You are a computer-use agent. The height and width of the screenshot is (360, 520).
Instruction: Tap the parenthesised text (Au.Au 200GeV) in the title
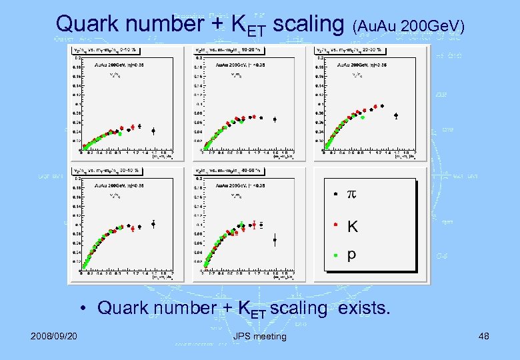point(411,27)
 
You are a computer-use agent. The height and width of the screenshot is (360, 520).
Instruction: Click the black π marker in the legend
point(335,194)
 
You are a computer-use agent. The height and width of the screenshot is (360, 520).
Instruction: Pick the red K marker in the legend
point(336,224)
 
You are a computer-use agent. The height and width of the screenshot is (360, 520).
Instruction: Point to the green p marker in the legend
point(336,255)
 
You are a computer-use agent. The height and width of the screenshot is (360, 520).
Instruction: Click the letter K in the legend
point(352,226)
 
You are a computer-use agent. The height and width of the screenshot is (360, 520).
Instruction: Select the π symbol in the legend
point(352,195)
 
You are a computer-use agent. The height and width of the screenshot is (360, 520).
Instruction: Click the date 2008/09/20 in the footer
point(53,336)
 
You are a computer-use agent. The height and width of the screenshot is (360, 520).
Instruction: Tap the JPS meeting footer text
point(260,336)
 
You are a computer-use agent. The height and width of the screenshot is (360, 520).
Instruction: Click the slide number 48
point(483,336)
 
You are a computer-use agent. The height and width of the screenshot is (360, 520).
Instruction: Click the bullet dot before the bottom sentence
point(82,309)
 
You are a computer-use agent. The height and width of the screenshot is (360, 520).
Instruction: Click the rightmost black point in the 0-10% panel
point(153,131)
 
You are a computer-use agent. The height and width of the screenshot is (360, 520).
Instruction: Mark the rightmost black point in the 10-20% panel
point(275,120)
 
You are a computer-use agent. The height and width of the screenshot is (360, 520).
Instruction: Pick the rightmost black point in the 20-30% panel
point(396,115)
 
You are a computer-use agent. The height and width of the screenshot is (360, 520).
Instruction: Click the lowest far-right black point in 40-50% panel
point(275,240)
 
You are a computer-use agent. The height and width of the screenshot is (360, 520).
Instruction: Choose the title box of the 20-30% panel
point(353,49)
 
